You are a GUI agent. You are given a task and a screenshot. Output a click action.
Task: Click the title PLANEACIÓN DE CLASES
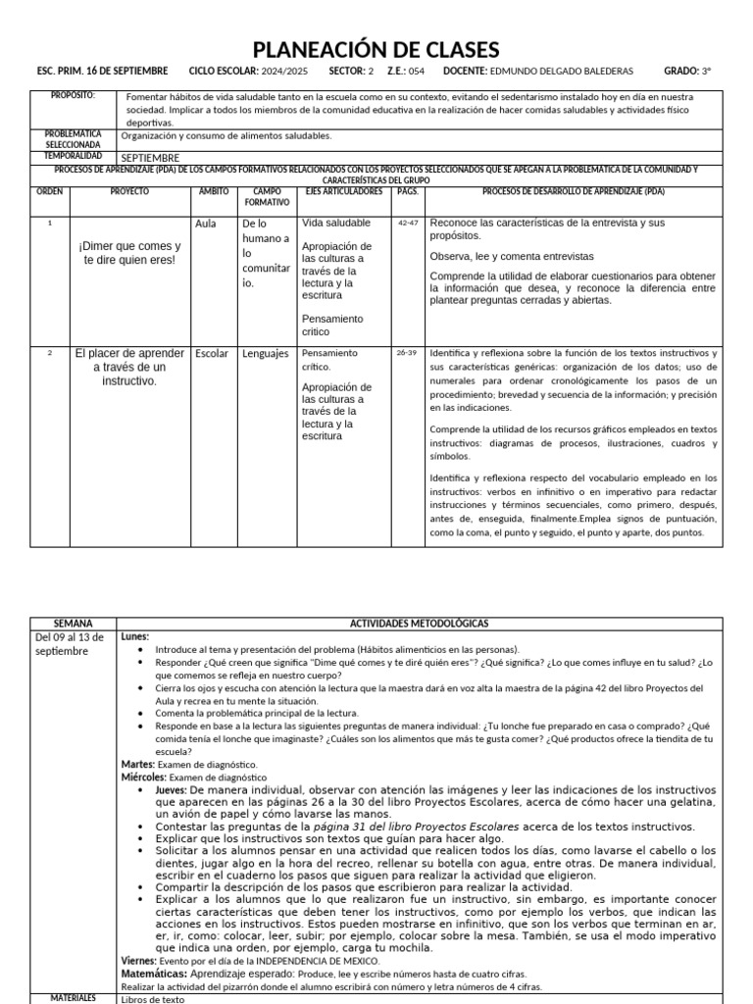[376, 50]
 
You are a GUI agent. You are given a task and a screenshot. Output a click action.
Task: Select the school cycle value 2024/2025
[285, 72]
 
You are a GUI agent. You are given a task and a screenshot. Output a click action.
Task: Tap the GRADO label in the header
[680, 72]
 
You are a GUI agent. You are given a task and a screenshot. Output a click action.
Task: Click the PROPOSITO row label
[75, 96]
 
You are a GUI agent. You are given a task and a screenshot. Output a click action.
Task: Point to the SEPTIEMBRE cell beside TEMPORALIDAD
[150, 157]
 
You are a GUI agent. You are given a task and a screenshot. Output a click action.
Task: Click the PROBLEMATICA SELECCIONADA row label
[75, 137]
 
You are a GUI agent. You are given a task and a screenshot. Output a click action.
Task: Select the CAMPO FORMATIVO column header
[266, 196]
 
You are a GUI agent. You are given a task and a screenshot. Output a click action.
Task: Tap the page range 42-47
[408, 224]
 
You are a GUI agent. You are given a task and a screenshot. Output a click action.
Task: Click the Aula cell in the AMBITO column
[206, 224]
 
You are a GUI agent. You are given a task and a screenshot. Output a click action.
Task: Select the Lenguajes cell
[266, 353]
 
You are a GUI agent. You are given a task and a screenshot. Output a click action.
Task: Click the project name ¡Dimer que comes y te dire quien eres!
[130, 252]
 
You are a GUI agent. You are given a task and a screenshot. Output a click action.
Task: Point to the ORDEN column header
[50, 191]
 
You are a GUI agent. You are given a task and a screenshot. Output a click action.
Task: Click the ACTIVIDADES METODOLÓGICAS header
[420, 623]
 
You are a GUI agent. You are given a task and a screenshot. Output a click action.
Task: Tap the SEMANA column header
[75, 623]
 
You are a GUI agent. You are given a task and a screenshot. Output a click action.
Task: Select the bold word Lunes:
[135, 636]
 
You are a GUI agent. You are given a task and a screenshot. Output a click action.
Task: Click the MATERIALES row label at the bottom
[75, 997]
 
